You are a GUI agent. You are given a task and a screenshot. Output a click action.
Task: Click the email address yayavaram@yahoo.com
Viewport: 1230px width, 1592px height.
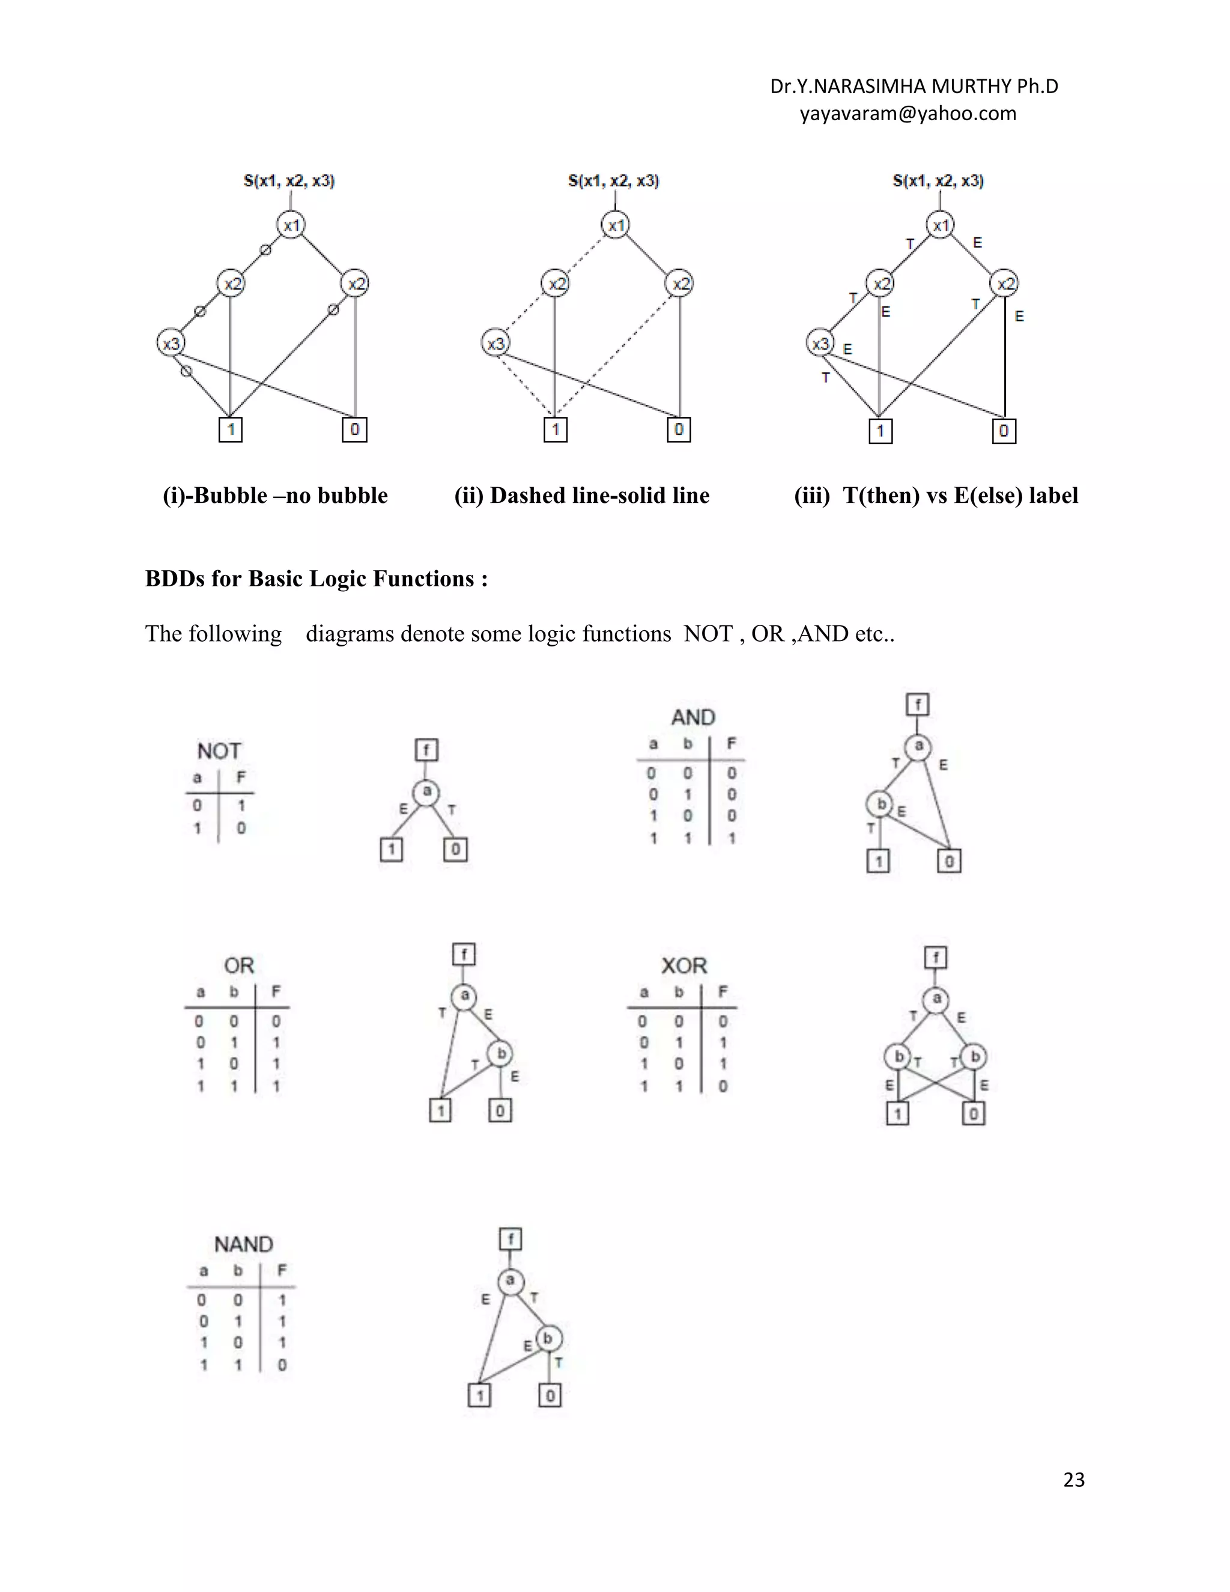coord(907,114)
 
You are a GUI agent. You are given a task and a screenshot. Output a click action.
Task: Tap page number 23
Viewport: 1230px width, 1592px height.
coord(1073,1479)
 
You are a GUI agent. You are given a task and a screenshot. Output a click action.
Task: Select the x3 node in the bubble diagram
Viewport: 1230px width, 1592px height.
coord(171,342)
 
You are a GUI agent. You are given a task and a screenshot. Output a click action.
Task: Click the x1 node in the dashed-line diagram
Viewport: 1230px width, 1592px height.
coord(616,225)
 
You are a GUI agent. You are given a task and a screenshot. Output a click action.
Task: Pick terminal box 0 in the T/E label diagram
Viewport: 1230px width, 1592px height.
coord(1004,431)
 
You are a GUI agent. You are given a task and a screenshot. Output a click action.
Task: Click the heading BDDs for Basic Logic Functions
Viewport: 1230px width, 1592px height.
coord(317,579)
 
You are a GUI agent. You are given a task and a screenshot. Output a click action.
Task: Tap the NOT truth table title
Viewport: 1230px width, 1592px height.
coord(219,751)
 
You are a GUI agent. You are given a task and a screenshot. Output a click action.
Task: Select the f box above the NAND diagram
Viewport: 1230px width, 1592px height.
coord(510,1239)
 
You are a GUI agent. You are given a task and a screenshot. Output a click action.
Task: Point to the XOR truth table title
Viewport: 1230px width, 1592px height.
coord(683,966)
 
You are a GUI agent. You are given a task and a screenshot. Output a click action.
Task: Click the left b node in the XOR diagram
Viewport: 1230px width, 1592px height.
coord(898,1056)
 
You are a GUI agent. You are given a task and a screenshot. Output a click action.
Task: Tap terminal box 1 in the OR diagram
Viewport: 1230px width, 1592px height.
coord(440,1110)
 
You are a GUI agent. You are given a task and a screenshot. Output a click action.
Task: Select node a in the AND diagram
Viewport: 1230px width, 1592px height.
coord(918,746)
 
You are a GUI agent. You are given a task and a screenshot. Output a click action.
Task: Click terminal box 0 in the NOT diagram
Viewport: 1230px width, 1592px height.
coord(455,849)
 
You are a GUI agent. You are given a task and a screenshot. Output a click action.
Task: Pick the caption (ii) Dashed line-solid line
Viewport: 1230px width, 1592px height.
coord(581,496)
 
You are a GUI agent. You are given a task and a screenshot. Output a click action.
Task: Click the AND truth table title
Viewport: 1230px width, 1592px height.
coord(693,717)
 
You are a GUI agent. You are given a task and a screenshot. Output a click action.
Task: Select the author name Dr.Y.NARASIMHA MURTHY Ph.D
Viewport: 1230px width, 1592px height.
coord(913,87)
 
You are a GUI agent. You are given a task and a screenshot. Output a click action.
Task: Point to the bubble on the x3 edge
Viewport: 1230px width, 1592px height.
coord(187,371)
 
